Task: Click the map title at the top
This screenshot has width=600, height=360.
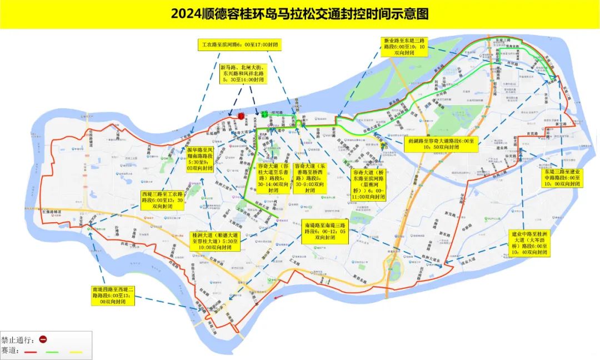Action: pyautogui.click(x=299, y=14)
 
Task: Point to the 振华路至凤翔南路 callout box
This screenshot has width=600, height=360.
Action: pyautogui.click(x=206, y=158)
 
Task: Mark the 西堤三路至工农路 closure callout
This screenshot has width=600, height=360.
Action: pyautogui.click(x=162, y=199)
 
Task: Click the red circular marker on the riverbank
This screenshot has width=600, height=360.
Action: pyautogui.click(x=241, y=115)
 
